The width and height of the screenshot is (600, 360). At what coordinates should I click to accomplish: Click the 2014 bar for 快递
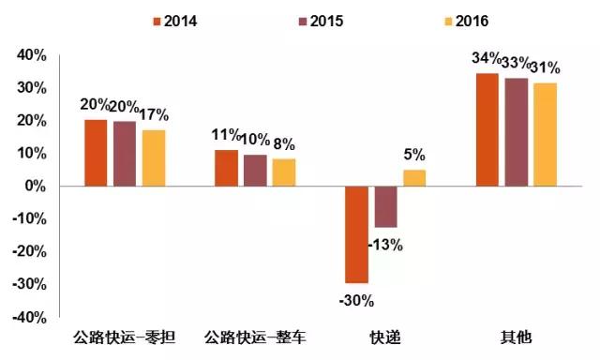pos(357,234)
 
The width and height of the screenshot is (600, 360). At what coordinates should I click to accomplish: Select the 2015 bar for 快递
pos(385,206)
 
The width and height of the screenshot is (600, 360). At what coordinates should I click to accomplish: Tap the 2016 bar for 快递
pos(414,177)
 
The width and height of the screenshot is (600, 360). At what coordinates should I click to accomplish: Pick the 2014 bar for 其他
pos(487,129)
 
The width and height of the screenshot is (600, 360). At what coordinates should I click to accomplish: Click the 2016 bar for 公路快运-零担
pos(154,157)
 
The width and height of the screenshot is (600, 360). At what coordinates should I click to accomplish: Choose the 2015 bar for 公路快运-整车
pos(255,170)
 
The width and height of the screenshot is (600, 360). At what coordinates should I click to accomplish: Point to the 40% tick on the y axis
pos(31,55)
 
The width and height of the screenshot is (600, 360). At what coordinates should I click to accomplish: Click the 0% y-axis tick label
pos(35,187)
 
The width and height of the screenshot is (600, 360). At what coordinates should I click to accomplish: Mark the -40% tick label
pos(27,318)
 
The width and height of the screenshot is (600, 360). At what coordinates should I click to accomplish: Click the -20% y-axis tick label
pos(27,252)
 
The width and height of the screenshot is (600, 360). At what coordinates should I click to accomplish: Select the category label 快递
pos(385,336)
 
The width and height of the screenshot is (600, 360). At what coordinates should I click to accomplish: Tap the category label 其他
pos(516,336)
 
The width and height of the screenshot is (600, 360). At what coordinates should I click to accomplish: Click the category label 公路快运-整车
pos(256,336)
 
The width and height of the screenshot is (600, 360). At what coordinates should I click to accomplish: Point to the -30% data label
pos(357,301)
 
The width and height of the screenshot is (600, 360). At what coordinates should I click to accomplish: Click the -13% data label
pos(385,245)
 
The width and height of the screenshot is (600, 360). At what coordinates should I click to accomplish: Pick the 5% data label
pos(414,155)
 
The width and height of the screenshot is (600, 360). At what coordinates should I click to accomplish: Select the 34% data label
pos(486,60)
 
